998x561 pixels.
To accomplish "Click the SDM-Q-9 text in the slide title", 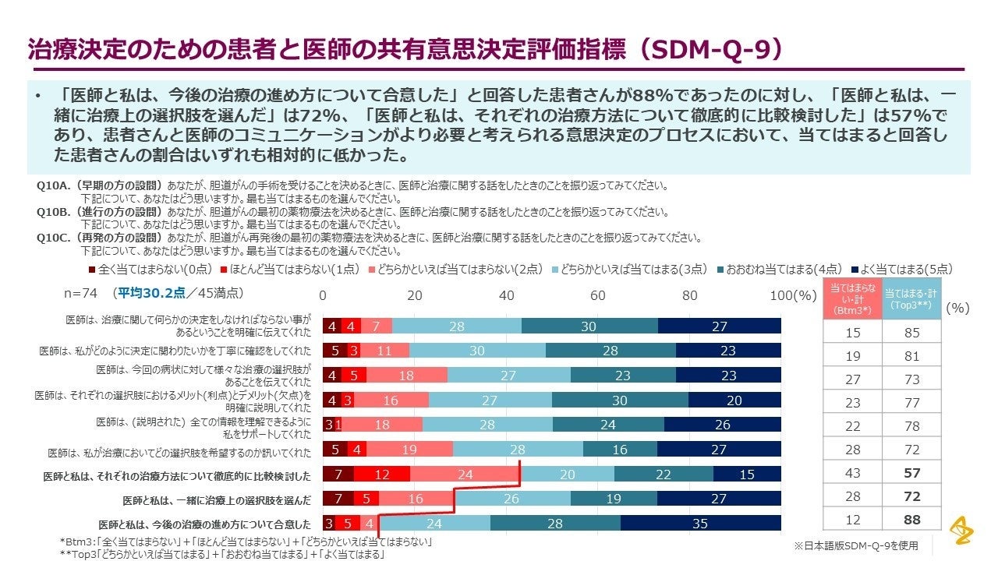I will (x=714, y=49).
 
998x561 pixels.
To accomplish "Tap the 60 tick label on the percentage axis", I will (x=598, y=296).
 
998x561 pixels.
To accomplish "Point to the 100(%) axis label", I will (x=793, y=296).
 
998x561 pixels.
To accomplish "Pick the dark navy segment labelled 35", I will (x=700, y=524).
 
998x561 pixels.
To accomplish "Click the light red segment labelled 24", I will (x=465, y=475).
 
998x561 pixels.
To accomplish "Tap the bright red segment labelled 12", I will (x=381, y=475).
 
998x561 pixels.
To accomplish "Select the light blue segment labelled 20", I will (x=567, y=475).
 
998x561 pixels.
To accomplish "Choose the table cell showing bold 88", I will (x=911, y=520).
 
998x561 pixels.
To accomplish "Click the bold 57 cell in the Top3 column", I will (x=911, y=473).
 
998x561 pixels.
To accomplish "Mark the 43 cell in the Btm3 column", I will (x=852, y=473).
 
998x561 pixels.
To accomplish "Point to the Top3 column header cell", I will (x=911, y=299).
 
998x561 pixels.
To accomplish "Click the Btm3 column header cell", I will (x=852, y=299).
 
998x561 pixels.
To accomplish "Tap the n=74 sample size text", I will (x=80, y=293).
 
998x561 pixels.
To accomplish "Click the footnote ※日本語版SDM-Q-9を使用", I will (x=854, y=545).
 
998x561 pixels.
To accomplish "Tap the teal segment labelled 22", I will (x=664, y=475).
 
